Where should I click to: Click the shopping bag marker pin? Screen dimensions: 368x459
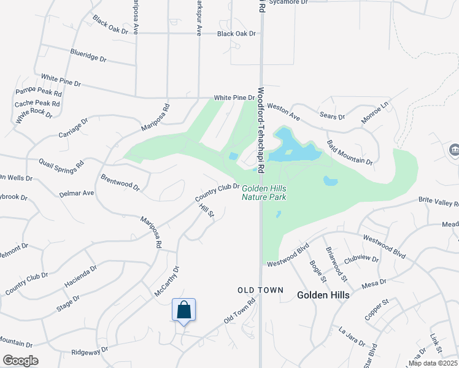click(183, 310)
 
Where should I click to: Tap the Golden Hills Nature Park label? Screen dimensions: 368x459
click(264, 193)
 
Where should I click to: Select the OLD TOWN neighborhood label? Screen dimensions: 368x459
click(261, 290)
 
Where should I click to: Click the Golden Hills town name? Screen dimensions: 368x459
click(323, 295)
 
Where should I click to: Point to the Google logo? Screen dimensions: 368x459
click(20, 361)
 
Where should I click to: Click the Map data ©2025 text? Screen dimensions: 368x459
click(433, 363)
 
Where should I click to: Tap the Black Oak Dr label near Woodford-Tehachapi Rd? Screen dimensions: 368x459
click(236, 34)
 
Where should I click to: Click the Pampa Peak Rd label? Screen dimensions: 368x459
click(38, 93)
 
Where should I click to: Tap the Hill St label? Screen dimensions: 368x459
click(206, 210)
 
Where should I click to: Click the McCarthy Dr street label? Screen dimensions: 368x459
click(166, 281)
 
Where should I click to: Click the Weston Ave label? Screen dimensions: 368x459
click(283, 112)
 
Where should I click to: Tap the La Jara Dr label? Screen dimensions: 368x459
click(352, 337)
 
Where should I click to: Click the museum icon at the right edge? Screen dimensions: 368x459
click(454, 149)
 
